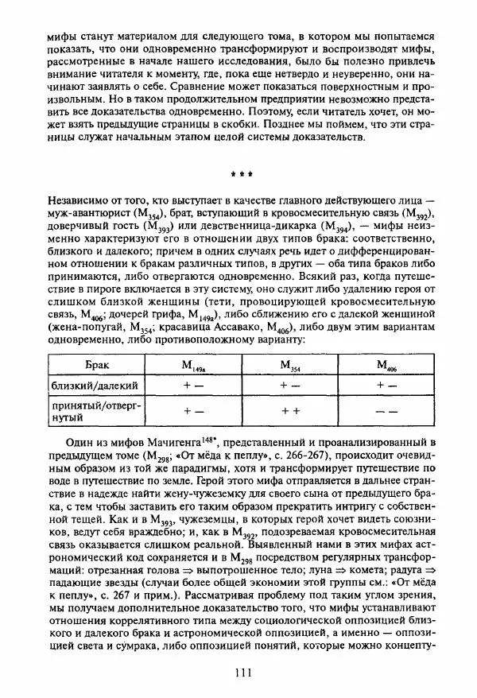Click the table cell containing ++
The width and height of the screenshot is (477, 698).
pos(290,412)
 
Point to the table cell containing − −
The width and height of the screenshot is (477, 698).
pos(386,412)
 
